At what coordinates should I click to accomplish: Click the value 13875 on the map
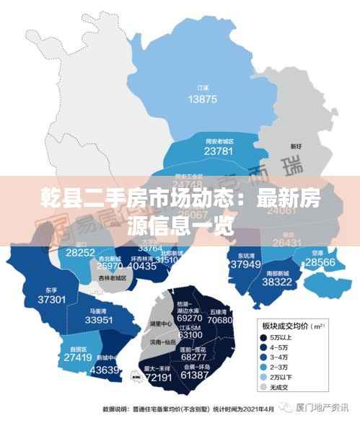click(202, 98)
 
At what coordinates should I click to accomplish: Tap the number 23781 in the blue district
click(219, 151)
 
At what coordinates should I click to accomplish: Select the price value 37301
click(52, 299)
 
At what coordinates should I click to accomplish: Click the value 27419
click(77, 357)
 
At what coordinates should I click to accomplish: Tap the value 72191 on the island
click(158, 377)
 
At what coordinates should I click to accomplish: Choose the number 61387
click(195, 375)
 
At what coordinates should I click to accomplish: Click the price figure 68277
click(194, 357)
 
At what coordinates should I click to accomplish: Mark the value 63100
click(190, 335)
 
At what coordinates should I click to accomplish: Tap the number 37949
click(245, 264)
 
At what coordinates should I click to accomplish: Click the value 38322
click(277, 282)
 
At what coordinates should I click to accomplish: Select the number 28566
click(320, 263)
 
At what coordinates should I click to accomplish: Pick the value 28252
click(80, 252)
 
